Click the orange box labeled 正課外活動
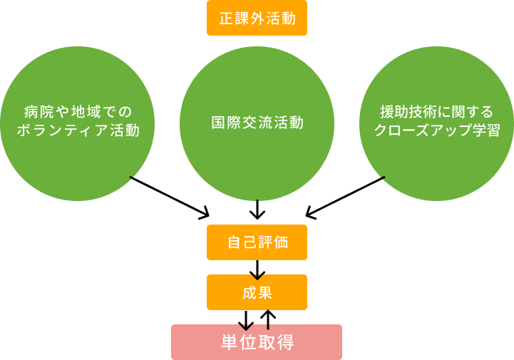click(x=257, y=18)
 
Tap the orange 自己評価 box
click(x=257, y=242)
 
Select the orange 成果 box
click(x=257, y=292)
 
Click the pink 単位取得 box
click(x=257, y=342)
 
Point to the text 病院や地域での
click(x=77, y=113)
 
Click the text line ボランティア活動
click(x=77, y=131)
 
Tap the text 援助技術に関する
click(x=436, y=113)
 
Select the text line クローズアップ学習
click(x=436, y=131)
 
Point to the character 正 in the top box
click(x=226, y=19)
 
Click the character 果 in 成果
click(x=265, y=292)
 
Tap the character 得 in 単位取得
click(x=285, y=342)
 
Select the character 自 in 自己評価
click(x=234, y=242)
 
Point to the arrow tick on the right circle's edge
click(x=383, y=178)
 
